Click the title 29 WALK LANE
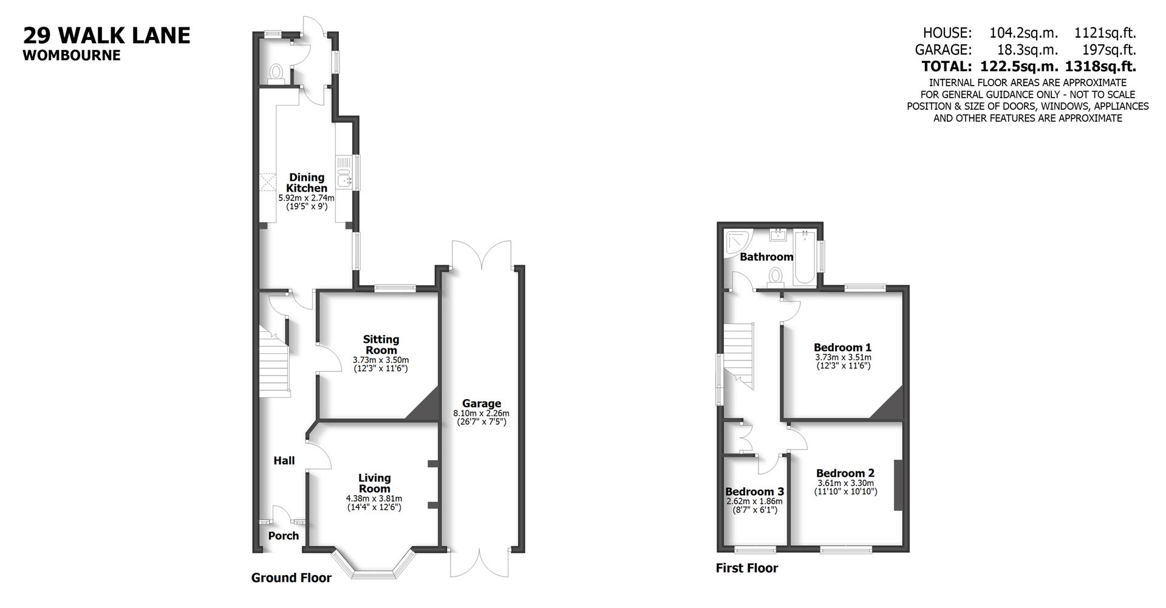point(107,35)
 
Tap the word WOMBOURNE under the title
point(72,55)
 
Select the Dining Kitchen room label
point(307,183)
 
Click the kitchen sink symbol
point(344,172)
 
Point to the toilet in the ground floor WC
point(277,73)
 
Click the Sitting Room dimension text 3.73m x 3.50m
point(381,360)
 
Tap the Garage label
point(482,404)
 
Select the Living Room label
point(374,483)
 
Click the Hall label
point(284,461)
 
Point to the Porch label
point(284,536)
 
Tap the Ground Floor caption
point(291,578)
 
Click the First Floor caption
point(746,568)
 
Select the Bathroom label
point(766,257)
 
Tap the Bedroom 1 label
point(842,348)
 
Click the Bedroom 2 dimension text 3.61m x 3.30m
point(845,483)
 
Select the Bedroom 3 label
point(754,491)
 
